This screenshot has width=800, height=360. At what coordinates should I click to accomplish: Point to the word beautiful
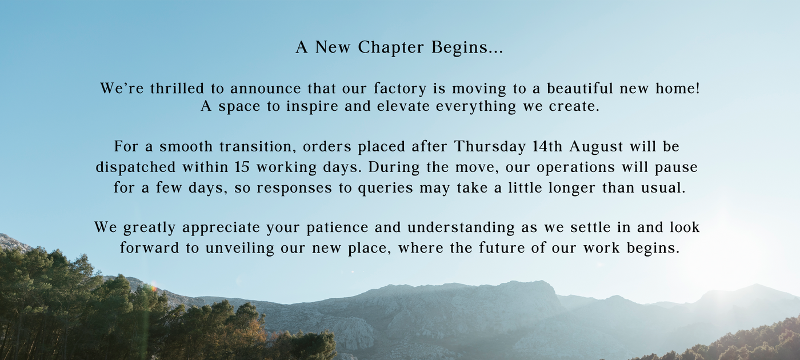(580, 88)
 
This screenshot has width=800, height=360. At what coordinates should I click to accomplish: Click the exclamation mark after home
(698, 88)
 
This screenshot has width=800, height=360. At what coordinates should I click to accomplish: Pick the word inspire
(312, 107)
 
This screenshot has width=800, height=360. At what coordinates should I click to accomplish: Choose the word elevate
(403, 106)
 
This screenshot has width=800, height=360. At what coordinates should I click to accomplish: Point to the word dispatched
(136, 167)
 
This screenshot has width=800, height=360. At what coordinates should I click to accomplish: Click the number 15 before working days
(242, 167)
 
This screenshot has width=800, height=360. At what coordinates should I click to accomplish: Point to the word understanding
(461, 228)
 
